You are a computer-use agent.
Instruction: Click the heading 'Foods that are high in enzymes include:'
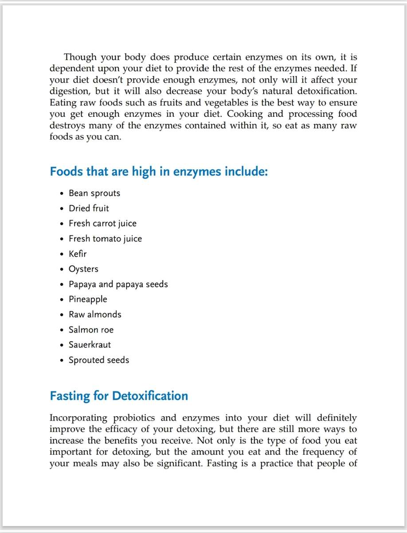tap(159, 171)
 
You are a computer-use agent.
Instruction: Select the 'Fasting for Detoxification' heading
tap(119, 396)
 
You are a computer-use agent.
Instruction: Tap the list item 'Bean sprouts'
tap(94, 193)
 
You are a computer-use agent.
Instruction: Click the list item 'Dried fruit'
tap(89, 208)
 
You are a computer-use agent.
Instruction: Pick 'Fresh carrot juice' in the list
tap(102, 223)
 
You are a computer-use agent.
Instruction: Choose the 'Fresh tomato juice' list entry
tap(105, 239)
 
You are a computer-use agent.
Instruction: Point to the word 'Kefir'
tap(78, 254)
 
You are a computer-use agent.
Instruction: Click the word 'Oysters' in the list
tap(83, 269)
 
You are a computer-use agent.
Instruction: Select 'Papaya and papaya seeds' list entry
tap(118, 284)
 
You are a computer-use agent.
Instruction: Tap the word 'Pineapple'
tap(88, 299)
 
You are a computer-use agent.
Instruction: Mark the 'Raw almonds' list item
tap(95, 314)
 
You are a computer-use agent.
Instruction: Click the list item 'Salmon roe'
tap(91, 330)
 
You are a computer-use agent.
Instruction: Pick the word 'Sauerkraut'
tap(90, 345)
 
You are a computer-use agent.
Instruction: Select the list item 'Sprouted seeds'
tap(99, 360)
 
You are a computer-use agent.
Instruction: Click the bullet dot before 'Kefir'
tap(62, 255)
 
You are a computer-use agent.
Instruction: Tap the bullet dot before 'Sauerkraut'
tap(62, 345)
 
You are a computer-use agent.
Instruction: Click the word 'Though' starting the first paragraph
tap(80, 58)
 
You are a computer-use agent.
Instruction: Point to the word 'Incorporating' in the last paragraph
tap(78, 418)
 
